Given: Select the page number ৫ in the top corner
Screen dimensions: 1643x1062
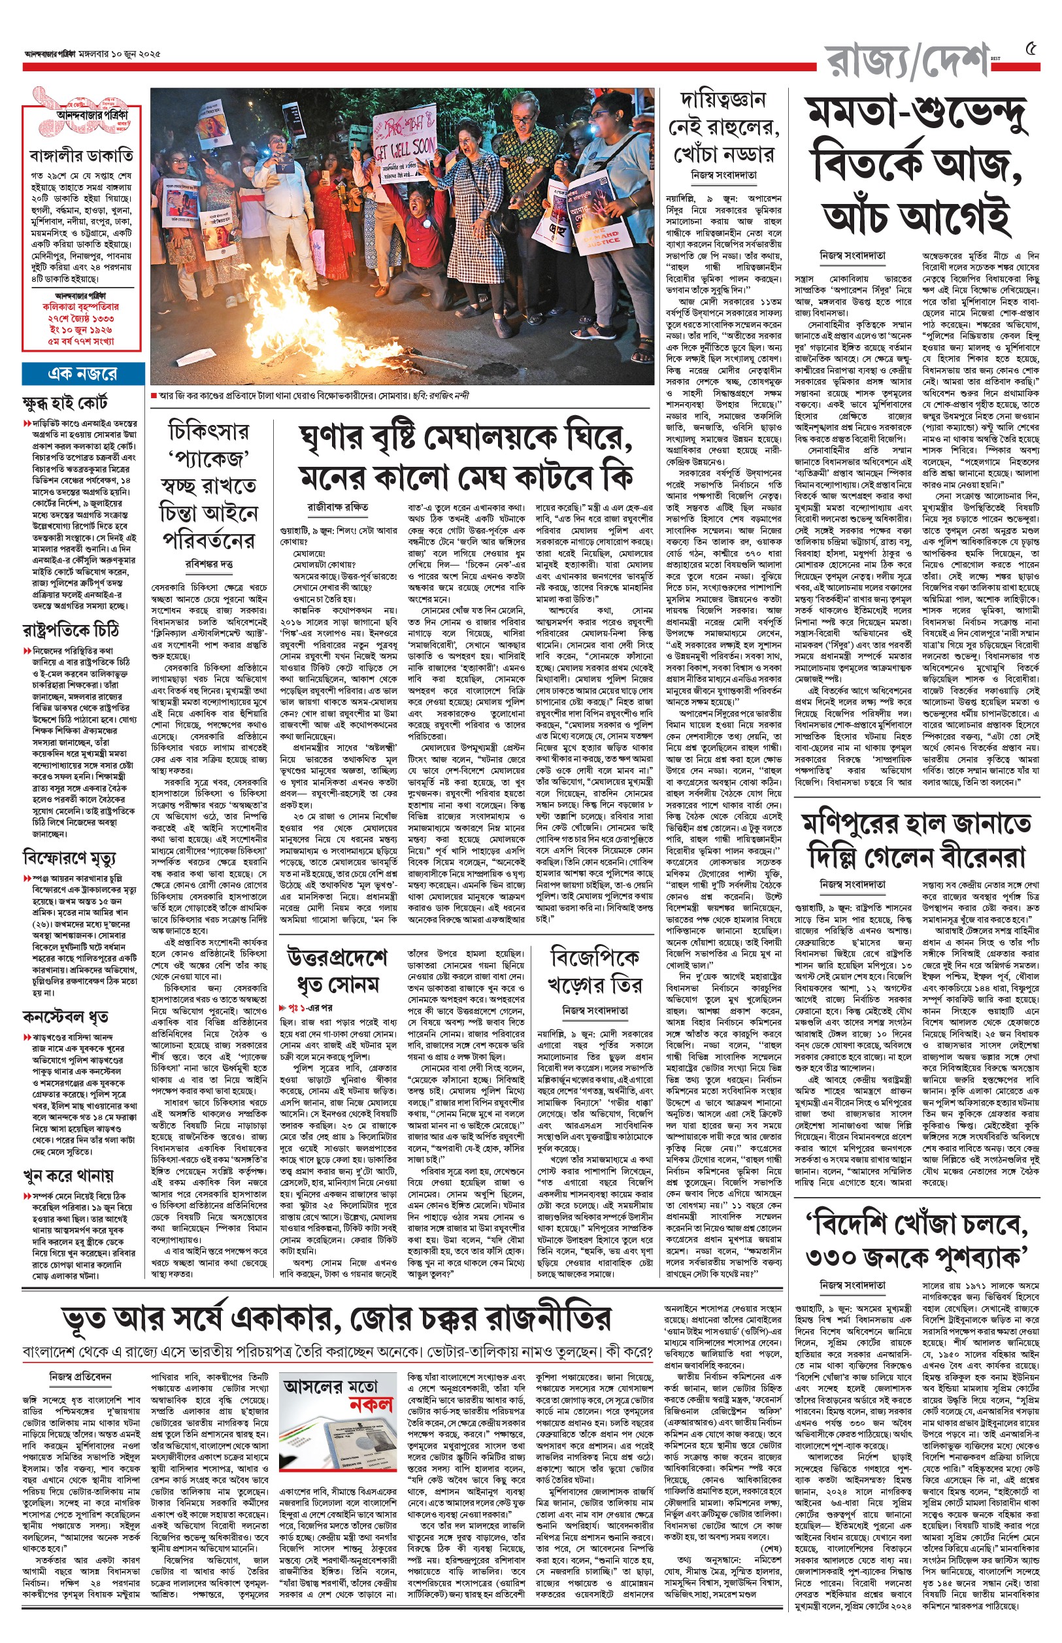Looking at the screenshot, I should pyautogui.click(x=1032, y=49).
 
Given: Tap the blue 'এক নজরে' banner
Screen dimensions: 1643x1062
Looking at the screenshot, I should pyautogui.click(x=82, y=374).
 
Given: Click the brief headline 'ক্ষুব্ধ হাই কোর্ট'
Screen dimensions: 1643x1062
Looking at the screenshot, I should pyautogui.click(x=65, y=403).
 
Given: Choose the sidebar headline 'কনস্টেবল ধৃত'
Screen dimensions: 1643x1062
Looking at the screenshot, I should pyautogui.click(x=65, y=1017).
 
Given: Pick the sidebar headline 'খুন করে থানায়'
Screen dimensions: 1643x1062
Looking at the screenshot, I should pyautogui.click(x=67, y=1176).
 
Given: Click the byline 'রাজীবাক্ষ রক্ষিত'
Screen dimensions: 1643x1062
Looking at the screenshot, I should pyautogui.click(x=338, y=507).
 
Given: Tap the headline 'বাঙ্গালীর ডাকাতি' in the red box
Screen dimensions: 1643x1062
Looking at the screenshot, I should pyautogui.click(x=82, y=154).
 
